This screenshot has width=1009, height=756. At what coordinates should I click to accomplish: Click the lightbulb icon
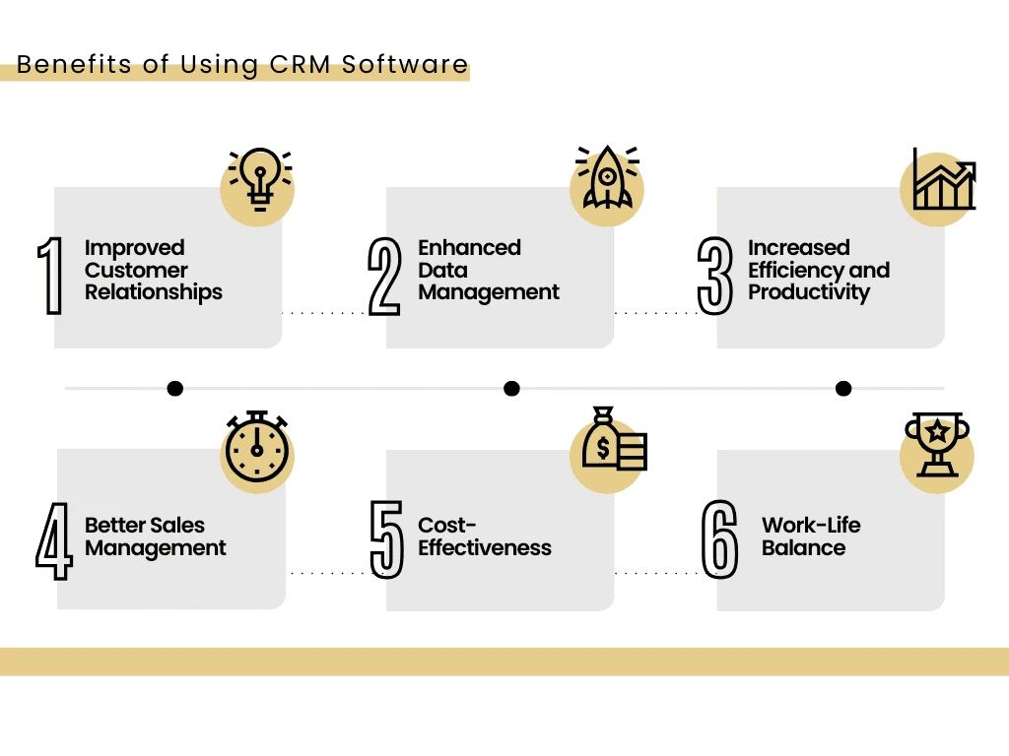point(260,180)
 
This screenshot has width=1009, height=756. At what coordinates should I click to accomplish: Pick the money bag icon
point(613,440)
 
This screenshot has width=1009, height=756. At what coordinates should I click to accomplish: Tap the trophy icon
point(936,446)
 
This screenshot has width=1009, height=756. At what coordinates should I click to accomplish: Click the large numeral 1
point(50,277)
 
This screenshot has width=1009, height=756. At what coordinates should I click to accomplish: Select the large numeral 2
point(384,277)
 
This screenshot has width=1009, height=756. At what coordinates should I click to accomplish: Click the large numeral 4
point(54,540)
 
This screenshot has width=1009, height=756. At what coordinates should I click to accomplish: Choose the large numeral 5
point(387,539)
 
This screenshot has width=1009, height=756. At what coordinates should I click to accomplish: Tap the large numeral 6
point(720,539)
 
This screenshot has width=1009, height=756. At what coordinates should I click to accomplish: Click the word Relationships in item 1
point(154,292)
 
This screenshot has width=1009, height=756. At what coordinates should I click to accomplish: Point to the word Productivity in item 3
point(809,292)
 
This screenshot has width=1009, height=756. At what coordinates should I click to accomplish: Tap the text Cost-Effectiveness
point(485,536)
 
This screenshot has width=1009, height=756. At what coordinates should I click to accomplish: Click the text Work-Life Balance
point(811,536)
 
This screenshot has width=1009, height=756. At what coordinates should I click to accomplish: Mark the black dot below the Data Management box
point(511,389)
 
